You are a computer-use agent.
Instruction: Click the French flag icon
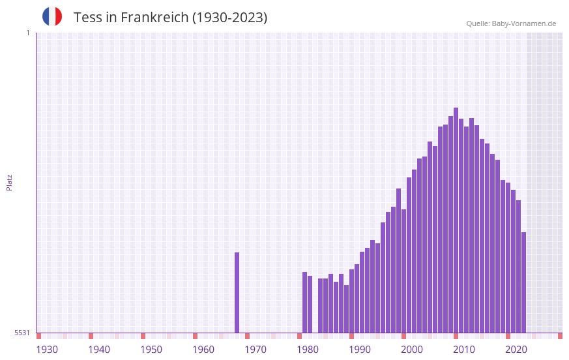(x=52, y=16)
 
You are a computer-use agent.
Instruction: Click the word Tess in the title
(x=87, y=18)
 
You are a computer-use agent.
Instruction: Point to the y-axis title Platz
(x=9, y=182)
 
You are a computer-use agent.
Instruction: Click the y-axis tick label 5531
(x=22, y=333)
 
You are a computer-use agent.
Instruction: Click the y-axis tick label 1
(x=27, y=33)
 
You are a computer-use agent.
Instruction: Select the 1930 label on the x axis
(x=47, y=350)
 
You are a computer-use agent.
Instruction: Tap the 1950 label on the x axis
(x=151, y=350)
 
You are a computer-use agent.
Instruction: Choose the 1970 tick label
(x=255, y=350)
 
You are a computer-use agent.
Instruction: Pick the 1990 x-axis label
(x=360, y=350)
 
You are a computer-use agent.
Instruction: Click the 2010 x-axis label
(x=464, y=350)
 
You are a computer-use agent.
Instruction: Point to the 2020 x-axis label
(x=516, y=350)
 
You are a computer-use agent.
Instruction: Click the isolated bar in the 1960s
(x=237, y=292)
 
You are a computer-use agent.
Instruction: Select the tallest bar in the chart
(x=456, y=220)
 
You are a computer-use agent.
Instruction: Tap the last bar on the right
(x=523, y=282)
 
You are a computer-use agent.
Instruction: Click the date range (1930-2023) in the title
(x=229, y=18)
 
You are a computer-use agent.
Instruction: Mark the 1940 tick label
(x=99, y=350)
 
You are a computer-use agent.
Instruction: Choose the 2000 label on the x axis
(x=412, y=350)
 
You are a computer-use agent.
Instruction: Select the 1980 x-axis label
(x=308, y=350)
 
